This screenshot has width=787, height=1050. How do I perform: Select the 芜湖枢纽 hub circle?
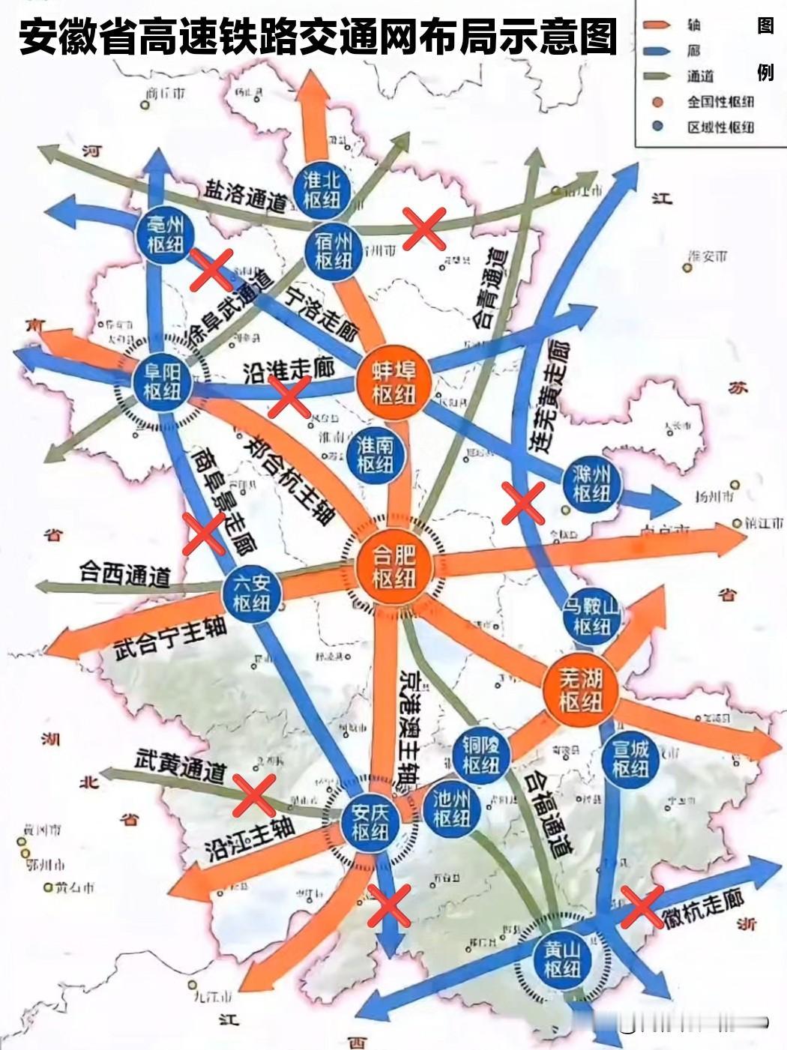[x=581, y=690]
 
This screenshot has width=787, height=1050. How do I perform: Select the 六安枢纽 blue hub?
[x=251, y=593]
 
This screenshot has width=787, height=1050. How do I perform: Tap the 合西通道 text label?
[x=125, y=574]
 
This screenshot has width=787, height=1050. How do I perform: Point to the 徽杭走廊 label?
[x=702, y=909]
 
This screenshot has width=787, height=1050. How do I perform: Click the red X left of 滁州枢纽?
[x=522, y=503]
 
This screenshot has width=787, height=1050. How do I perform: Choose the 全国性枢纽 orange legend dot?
[x=658, y=102]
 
